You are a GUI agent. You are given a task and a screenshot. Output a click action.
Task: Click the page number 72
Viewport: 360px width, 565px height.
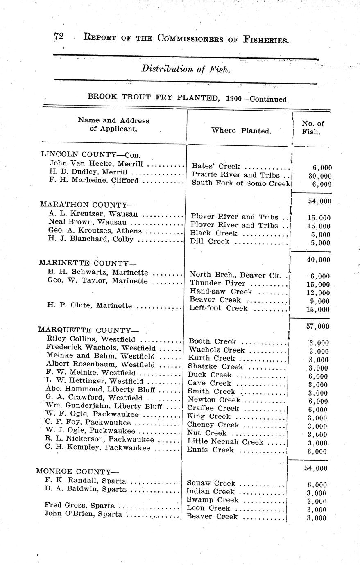tap(58, 36)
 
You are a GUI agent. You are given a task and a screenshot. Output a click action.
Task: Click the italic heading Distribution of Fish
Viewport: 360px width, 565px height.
tap(186, 69)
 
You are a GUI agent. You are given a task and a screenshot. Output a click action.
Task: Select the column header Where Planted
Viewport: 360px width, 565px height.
tap(241, 131)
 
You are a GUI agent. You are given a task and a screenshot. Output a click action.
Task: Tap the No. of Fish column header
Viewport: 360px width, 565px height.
tap(312, 127)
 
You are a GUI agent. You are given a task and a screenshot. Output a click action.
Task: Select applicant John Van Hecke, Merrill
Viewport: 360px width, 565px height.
tap(96, 164)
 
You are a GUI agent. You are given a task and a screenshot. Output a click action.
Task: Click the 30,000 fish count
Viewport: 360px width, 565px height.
tap(319, 176)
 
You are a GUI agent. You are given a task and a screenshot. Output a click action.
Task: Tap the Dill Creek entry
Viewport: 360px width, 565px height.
tap(209, 242)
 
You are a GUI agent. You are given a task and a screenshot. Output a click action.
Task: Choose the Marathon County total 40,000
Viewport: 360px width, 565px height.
tap(318, 260)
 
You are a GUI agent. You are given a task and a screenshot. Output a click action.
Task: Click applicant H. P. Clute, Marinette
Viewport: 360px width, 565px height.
tap(90, 306)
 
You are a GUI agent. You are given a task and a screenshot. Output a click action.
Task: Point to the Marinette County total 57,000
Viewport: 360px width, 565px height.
tap(317, 326)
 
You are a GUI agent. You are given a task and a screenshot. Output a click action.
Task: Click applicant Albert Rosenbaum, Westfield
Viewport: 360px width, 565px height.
tap(100, 364)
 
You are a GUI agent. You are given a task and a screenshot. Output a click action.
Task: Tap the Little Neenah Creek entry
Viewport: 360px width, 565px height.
tap(225, 441)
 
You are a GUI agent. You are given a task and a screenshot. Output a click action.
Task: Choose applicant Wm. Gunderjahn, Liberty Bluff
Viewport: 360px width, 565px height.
tap(104, 406)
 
